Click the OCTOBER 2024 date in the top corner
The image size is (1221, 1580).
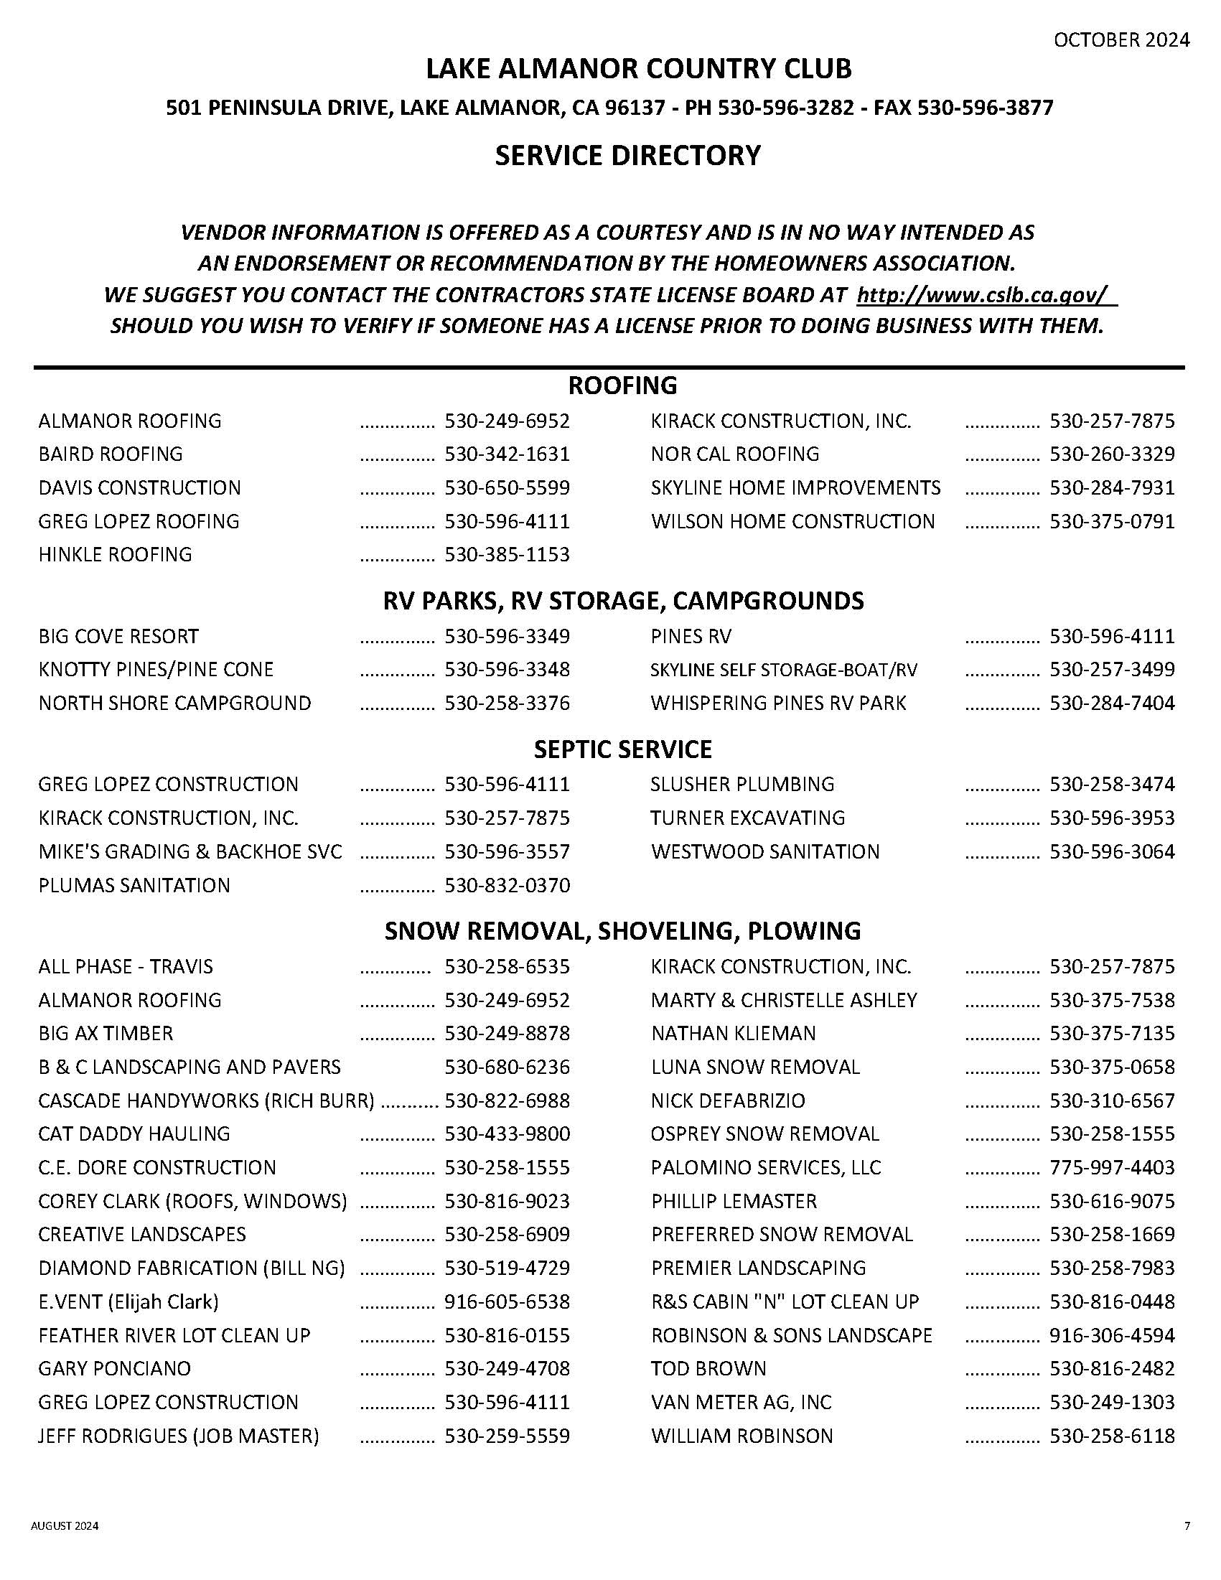(1121, 40)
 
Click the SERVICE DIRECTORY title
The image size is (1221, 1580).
(627, 156)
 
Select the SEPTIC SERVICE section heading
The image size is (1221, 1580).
(623, 749)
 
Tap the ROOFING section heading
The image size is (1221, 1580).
(623, 385)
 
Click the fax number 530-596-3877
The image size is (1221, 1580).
(985, 108)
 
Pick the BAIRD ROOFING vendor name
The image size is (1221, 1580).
(111, 454)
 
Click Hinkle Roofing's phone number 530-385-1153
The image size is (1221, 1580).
(507, 555)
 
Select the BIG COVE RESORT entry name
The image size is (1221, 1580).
(118, 637)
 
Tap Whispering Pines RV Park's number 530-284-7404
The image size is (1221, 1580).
(1112, 703)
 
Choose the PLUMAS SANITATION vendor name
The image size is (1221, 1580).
(134, 886)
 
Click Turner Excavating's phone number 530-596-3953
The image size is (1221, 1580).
(1112, 818)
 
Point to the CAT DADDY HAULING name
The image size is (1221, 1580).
(134, 1133)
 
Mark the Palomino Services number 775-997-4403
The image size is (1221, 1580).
(1112, 1168)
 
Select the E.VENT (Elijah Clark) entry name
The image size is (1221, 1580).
(128, 1302)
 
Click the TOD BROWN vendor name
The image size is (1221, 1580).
(709, 1369)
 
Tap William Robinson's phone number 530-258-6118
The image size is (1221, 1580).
(1112, 1436)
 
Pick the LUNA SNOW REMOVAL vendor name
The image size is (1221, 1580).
(756, 1067)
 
